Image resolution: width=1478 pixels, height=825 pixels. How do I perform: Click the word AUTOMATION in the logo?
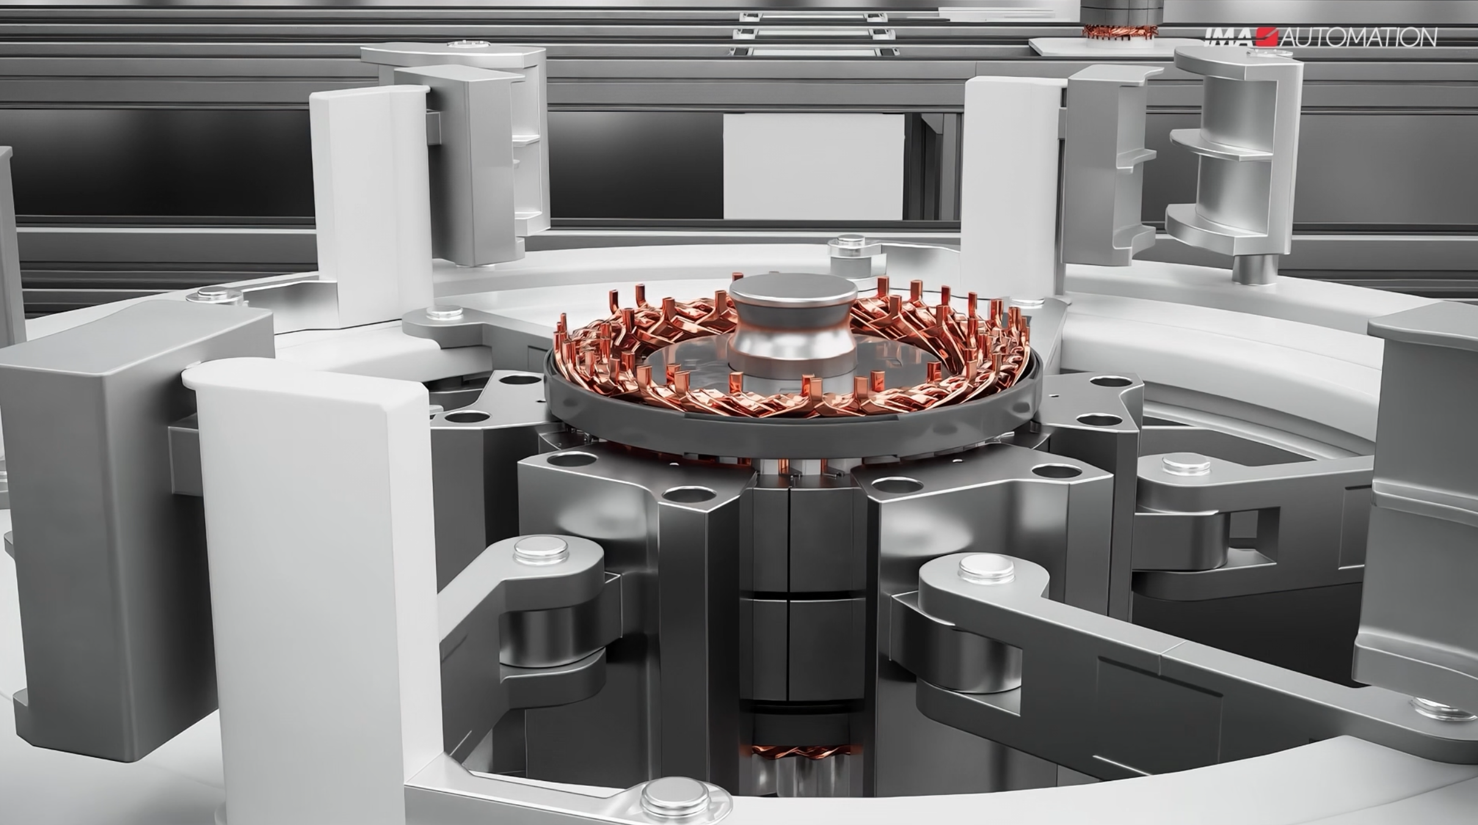point(1358,38)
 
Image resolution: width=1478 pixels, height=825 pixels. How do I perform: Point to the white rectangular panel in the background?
point(814,166)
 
